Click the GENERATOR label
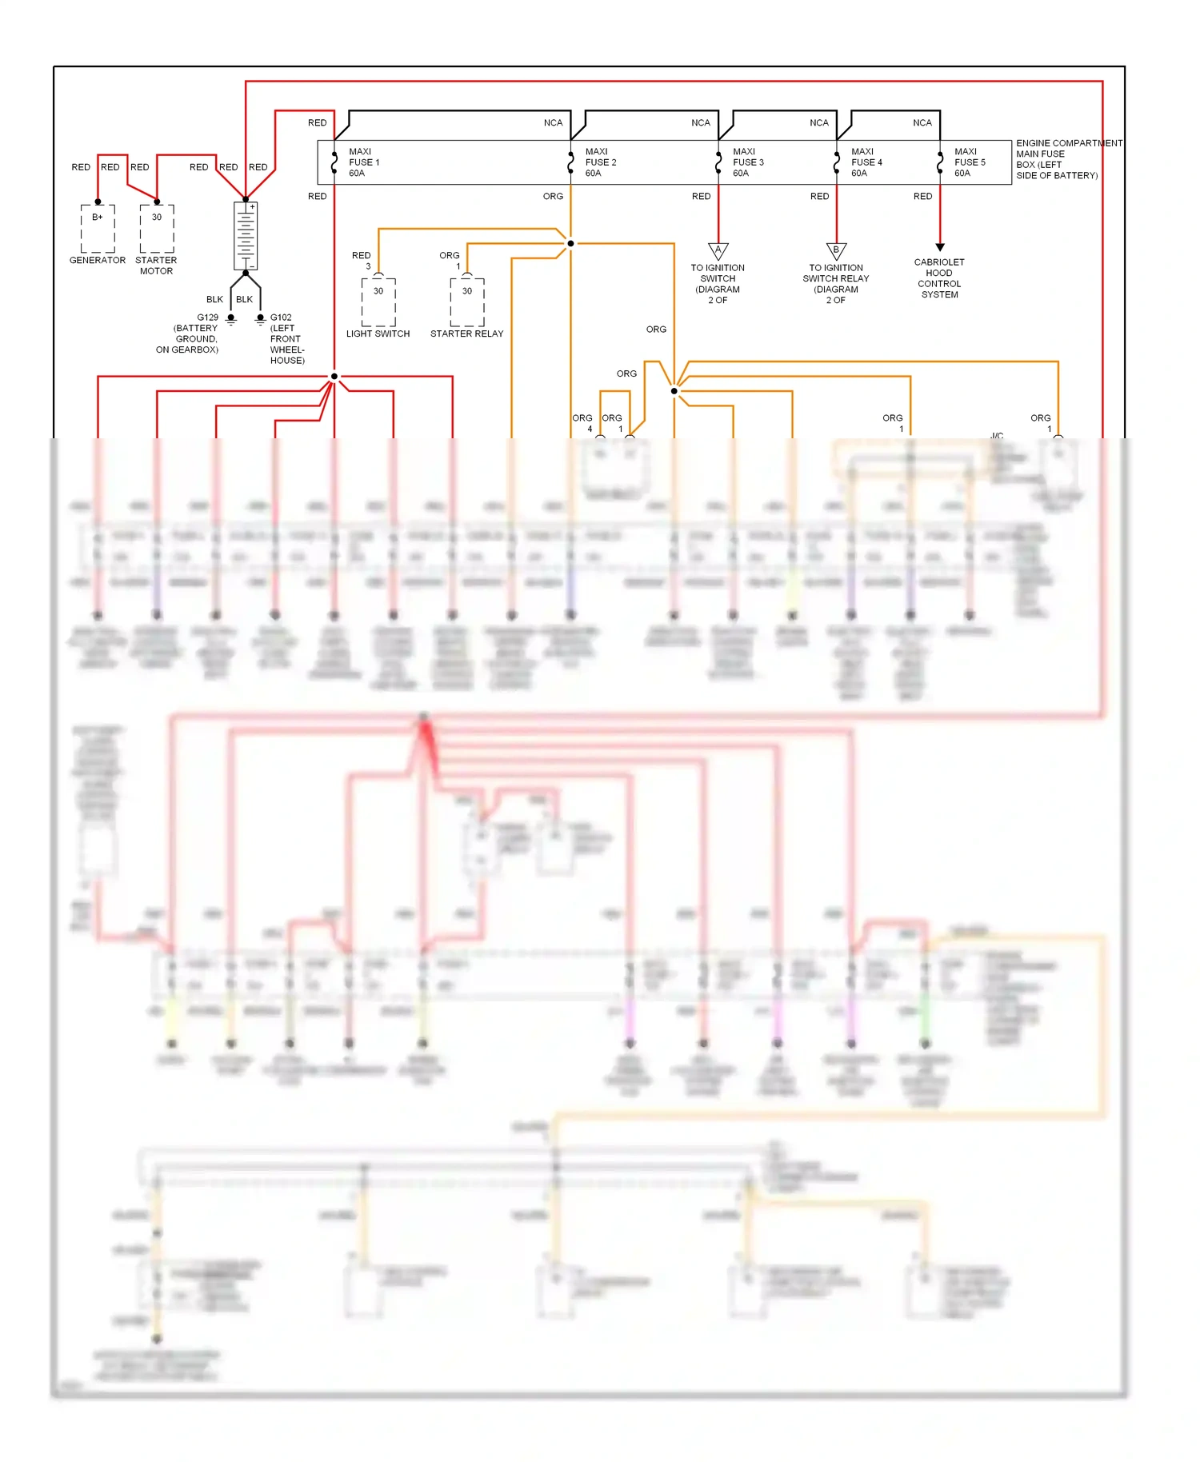coord(98,260)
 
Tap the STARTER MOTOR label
coord(156,266)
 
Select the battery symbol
coord(246,236)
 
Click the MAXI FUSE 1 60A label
coord(363,162)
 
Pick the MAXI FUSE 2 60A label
coord(600,162)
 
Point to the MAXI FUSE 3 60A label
coord(748,162)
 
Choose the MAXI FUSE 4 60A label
coord(866,162)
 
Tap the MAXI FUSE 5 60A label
coord(970,162)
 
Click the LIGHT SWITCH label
coord(378,334)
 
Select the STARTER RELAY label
coord(466,334)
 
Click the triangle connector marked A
coord(718,251)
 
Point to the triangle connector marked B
coord(836,251)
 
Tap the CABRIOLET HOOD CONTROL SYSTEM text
coord(939,278)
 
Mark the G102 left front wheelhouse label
coord(286,339)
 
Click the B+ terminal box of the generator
coord(98,228)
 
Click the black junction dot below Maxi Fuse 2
coord(570,243)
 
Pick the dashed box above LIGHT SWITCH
coord(378,301)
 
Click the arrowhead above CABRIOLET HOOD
coord(940,247)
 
